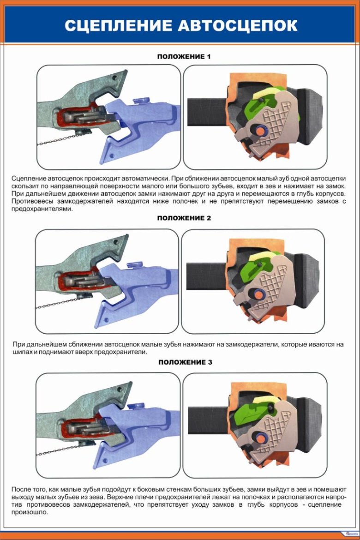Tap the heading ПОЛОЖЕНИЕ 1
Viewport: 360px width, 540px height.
184,56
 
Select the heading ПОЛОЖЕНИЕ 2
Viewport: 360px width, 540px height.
184,218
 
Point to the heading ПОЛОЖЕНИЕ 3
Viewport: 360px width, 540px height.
186,362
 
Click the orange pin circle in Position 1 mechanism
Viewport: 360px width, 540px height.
260,131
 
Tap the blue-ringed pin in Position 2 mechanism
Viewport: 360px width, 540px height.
258,294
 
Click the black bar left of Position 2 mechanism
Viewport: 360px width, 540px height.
207,275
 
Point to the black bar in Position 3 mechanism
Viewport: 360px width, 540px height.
209,419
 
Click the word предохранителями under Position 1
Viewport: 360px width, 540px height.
42,209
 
